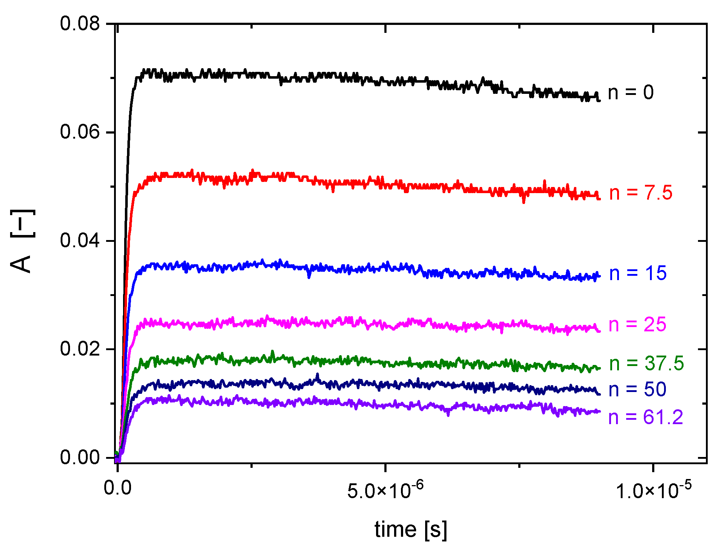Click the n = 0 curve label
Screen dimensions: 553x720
630,92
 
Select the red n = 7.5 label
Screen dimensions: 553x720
641,193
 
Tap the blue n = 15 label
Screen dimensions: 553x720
638,273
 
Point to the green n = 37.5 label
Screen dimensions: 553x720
646,363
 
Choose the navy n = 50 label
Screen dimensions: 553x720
637,390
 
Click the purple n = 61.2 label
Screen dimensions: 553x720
646,418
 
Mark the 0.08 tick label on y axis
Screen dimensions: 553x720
79,24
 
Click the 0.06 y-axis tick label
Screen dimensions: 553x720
79,132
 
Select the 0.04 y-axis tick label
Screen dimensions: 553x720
79,240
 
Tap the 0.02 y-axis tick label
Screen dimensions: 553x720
79,349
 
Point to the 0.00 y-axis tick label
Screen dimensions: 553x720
79,457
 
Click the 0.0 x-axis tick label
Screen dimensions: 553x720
118,488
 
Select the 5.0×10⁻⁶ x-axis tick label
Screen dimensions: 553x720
385,490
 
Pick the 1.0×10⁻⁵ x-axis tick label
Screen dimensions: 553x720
653,490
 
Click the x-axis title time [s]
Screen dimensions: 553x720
411,530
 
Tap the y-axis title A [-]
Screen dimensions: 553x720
22,241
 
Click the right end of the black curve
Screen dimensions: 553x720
599,100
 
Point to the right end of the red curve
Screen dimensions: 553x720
599,198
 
